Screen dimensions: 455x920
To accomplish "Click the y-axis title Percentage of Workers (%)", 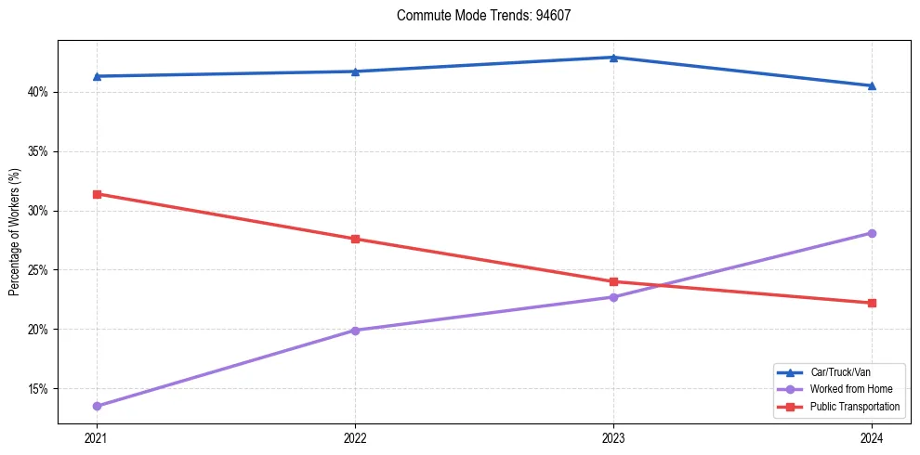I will pos(14,232).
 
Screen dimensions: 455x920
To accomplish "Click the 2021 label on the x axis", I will pos(97,438).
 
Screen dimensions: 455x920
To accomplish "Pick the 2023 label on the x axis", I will pos(613,438).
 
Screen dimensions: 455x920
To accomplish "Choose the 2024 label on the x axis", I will pos(872,438).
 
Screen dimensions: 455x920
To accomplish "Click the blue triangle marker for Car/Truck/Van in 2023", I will pos(613,58).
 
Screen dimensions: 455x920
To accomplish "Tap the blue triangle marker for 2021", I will pos(97,76).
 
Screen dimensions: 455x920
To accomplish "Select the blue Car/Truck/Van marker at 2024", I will pos(872,85).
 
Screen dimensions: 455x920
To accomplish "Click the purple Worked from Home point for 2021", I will pos(97,406).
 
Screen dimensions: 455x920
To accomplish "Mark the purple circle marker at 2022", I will pos(355,331).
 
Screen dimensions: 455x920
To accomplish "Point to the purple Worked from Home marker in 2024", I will pos(872,233).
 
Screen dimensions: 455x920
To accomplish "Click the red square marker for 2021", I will pos(97,194).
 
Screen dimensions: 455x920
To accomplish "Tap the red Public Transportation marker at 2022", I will pos(355,239).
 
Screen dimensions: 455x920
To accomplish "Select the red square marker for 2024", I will pos(872,303).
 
